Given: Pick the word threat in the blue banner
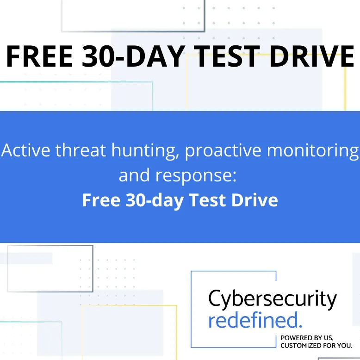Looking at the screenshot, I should (79, 151).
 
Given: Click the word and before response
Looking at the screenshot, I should (135, 175).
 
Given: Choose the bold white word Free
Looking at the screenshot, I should (101, 200).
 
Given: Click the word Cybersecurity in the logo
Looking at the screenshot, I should (273, 300).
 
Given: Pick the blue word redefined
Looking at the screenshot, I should (255, 320).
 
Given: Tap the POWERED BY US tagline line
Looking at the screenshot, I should (307, 338).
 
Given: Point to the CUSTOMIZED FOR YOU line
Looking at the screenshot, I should (317, 345).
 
